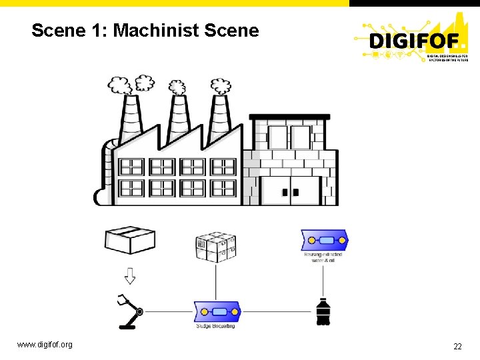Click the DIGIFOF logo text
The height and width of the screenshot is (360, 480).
(414, 41)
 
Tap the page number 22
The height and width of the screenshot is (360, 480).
(457, 346)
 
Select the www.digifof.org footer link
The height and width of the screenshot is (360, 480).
(45, 345)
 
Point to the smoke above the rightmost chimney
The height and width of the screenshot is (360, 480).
(221, 86)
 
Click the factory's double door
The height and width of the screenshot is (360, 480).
(290, 191)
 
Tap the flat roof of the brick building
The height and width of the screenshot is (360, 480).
(289, 117)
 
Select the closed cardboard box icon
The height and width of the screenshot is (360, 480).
(130, 240)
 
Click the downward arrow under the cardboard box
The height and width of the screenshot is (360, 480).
(130, 275)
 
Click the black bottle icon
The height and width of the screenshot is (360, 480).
(324, 311)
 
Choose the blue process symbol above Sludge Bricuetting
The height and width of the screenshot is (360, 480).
(217, 311)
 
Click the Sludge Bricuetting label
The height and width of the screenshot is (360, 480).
(215, 326)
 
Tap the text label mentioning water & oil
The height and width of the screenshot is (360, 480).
(325, 257)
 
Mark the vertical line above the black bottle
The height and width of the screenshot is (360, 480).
(325, 280)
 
